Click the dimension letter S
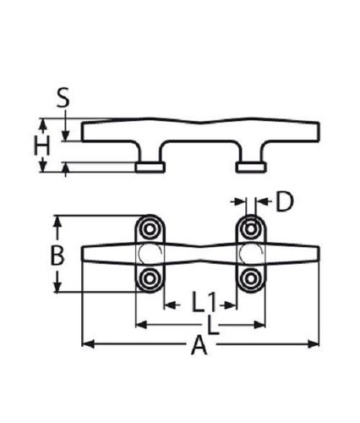pyautogui.click(x=63, y=97)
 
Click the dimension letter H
pyautogui.click(x=41, y=146)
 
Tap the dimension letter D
pyautogui.click(x=284, y=201)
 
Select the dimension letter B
pyautogui.click(x=57, y=255)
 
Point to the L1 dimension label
pyautogui.click(x=205, y=302)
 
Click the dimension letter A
pyautogui.click(x=199, y=344)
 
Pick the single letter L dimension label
pyautogui.click(x=213, y=325)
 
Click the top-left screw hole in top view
pyautogui.click(x=150, y=228)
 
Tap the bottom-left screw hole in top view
pyautogui.click(x=150, y=279)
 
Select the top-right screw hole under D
pyautogui.click(x=250, y=228)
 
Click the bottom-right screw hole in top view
pyautogui.click(x=250, y=279)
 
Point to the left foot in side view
pyautogui.click(x=150, y=168)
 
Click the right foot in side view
pyautogui.click(x=251, y=168)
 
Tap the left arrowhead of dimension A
pyautogui.click(x=88, y=344)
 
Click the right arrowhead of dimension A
pyautogui.click(x=314, y=344)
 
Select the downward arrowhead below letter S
pyautogui.click(x=65, y=135)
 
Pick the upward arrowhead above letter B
pyautogui.click(x=57, y=222)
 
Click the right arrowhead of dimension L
pyautogui.click(x=259, y=325)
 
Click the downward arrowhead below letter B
pyautogui.click(x=57, y=286)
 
